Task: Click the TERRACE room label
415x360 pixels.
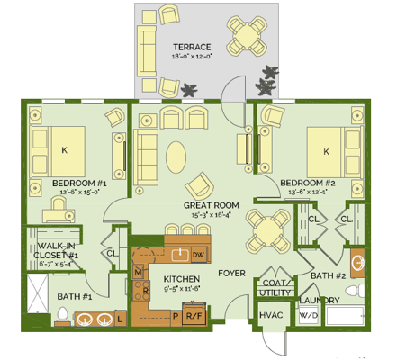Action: [x=193, y=47]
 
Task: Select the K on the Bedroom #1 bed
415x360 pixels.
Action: [x=63, y=150]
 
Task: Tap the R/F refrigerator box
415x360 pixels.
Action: [x=193, y=315]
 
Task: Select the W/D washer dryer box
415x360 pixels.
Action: [x=308, y=316]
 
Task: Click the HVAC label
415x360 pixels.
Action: [x=271, y=316]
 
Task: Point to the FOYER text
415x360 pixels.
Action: [x=232, y=273]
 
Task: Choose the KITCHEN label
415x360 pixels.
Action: [x=181, y=279]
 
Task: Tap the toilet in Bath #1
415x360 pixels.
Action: [x=62, y=315]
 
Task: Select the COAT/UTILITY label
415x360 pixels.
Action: [x=275, y=287]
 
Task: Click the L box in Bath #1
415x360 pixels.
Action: [x=120, y=317]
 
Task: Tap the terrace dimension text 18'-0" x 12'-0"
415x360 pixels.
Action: [x=193, y=57]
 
